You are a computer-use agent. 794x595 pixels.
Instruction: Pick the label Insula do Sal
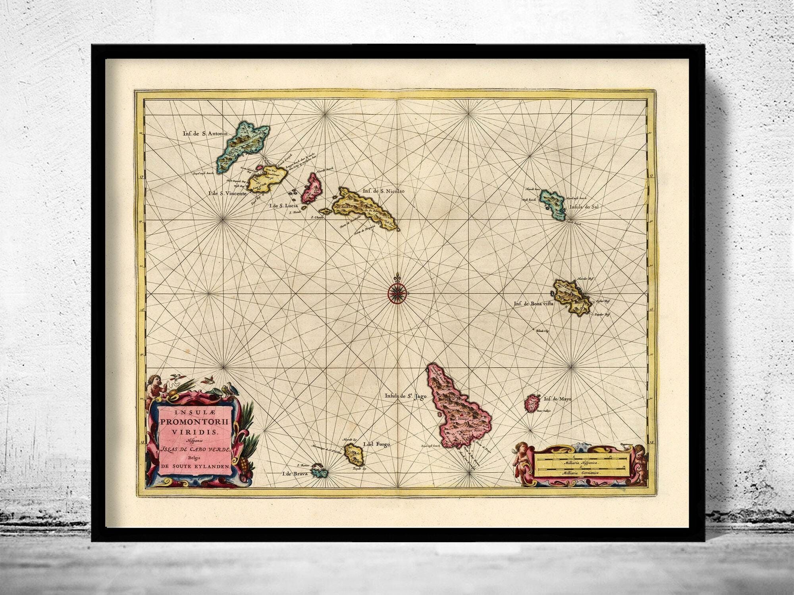(x=584, y=207)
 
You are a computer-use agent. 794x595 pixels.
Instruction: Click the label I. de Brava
(x=295, y=473)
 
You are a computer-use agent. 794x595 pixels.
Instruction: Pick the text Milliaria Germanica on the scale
(x=580, y=473)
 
